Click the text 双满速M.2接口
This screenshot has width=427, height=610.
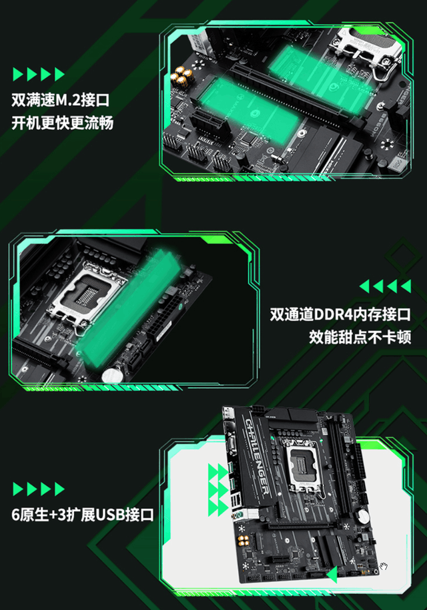tap(61, 101)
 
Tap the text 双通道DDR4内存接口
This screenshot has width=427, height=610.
tap(340, 314)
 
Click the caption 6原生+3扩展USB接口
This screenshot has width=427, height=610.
tap(83, 514)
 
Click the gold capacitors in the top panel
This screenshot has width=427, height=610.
tap(180, 77)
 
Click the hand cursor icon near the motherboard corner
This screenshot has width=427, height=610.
tap(384, 567)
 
